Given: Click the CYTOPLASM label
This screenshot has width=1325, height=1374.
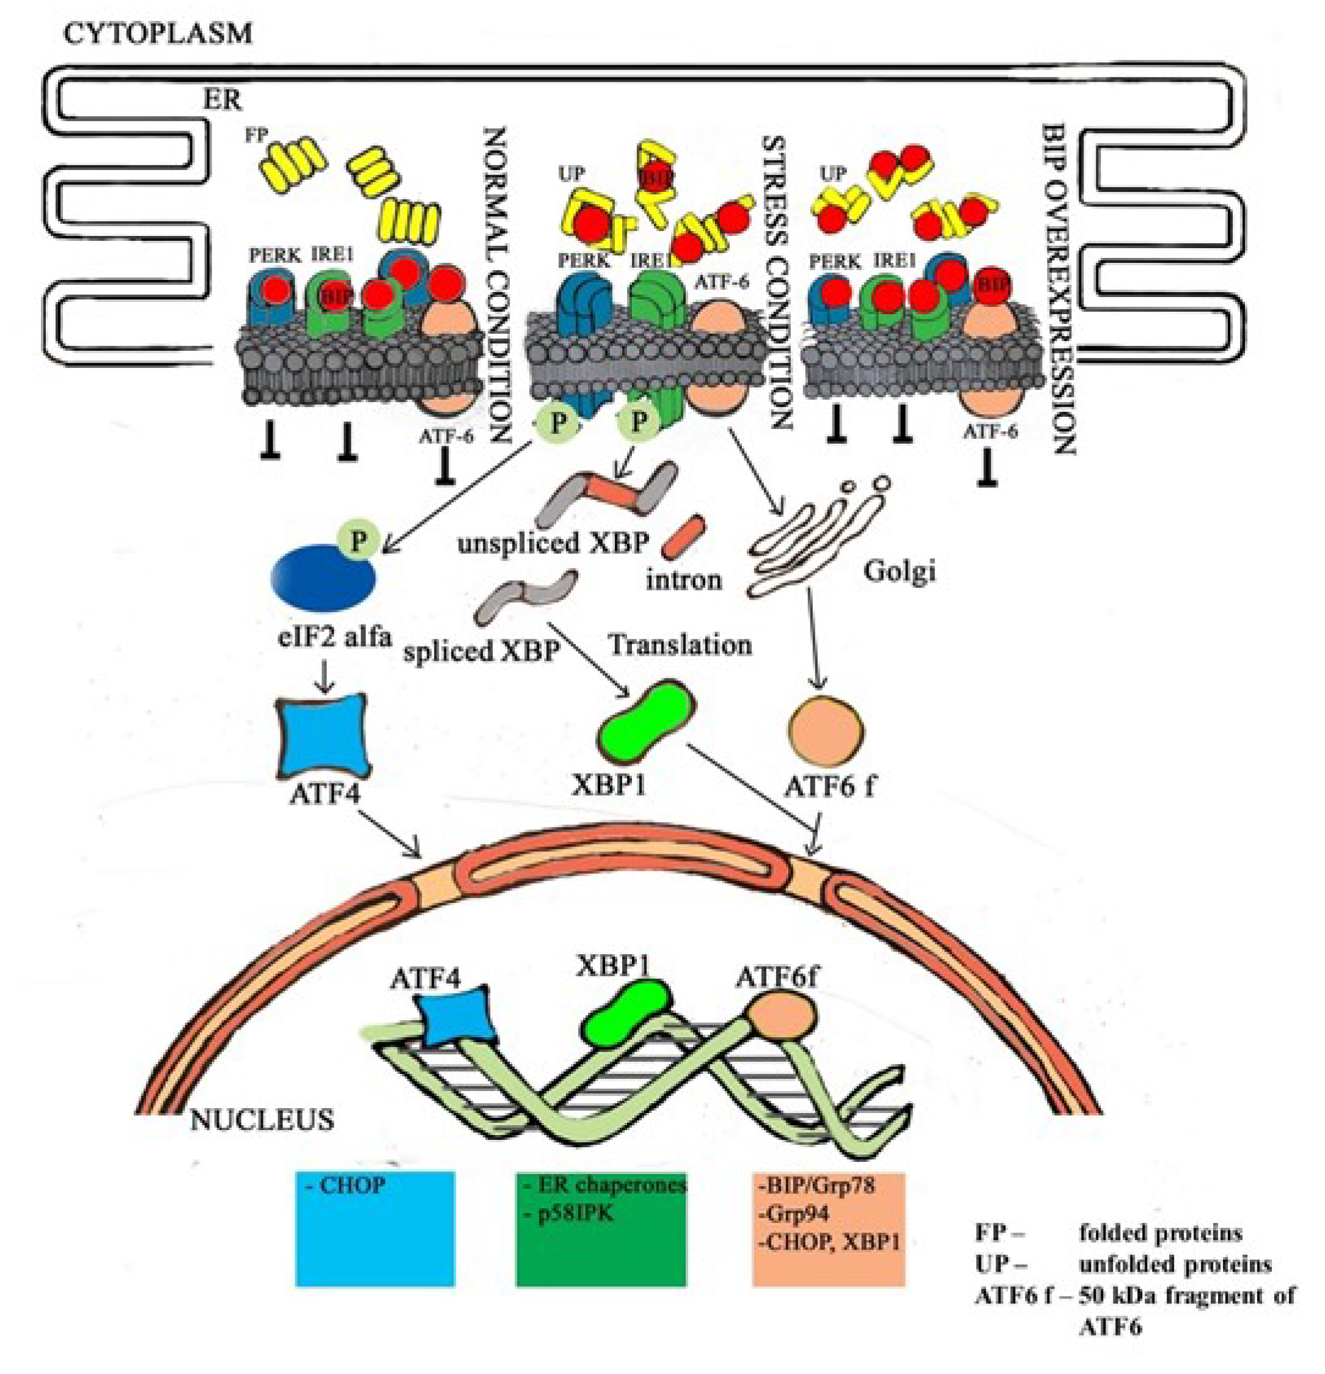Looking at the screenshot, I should click(x=157, y=33).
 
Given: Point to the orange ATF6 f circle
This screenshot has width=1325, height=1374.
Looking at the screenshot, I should click(x=825, y=731).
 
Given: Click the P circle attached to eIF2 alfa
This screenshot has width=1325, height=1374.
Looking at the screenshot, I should click(x=359, y=540).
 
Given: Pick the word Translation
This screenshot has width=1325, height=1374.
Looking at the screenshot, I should click(x=680, y=644).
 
